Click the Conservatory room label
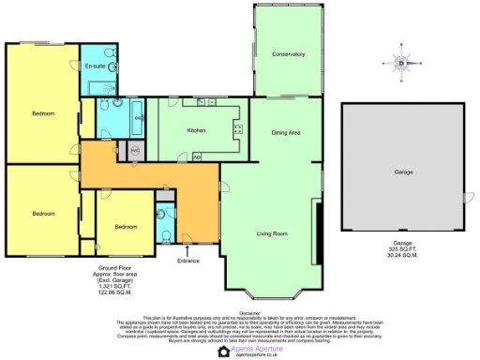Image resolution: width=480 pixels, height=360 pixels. point(288,54)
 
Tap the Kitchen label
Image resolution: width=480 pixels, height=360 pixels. point(196,130)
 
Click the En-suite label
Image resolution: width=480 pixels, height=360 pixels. point(95,67)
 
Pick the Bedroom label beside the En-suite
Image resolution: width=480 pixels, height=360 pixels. point(43,113)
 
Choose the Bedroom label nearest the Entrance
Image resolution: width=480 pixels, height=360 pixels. point(126,226)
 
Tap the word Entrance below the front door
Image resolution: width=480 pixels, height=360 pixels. point(189,262)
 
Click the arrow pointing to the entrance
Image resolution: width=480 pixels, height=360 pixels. point(189,250)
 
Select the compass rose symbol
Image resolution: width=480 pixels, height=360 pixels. point(400,63)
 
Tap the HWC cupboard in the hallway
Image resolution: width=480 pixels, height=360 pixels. point(134,151)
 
